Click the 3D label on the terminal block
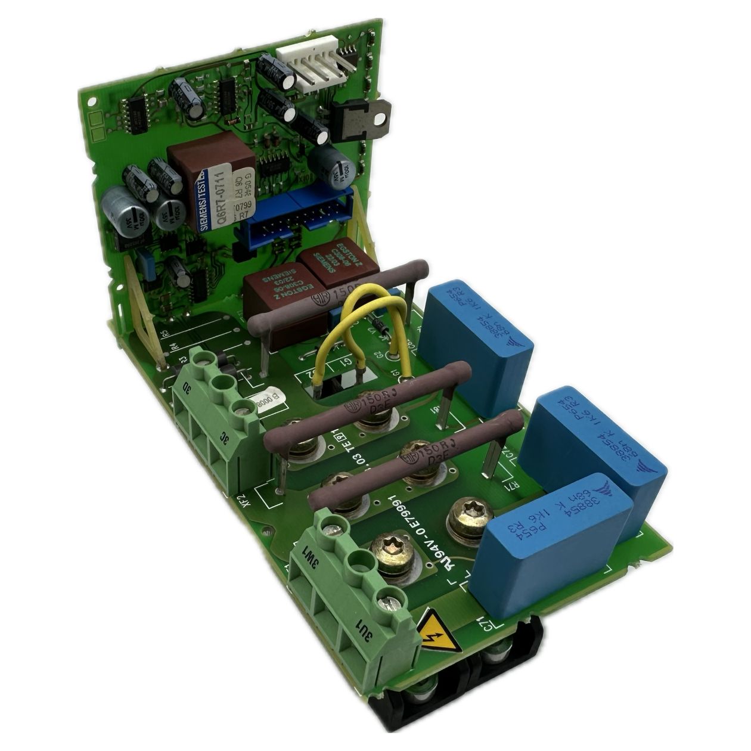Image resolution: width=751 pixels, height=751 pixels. point(187,391)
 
